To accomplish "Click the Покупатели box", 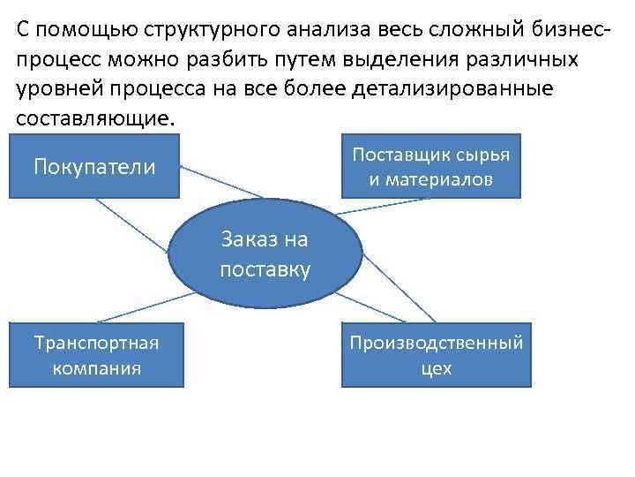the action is tap(94, 166).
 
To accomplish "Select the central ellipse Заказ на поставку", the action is tap(265, 254).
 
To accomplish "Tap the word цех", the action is tap(437, 368).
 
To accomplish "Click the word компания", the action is tap(96, 368).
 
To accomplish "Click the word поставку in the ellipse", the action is tap(265, 269).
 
